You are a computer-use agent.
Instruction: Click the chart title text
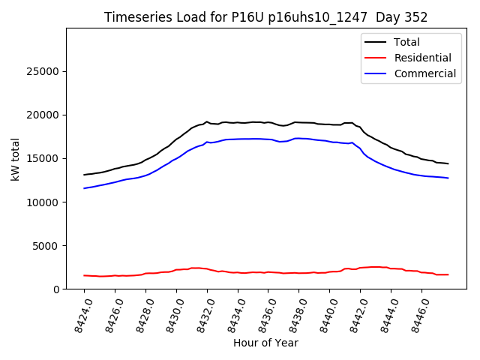coord(265,17)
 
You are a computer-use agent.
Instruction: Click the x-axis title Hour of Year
coord(265,343)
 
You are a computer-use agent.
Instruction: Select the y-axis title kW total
coord(16,159)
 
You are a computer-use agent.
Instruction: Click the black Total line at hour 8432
coord(207,121)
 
